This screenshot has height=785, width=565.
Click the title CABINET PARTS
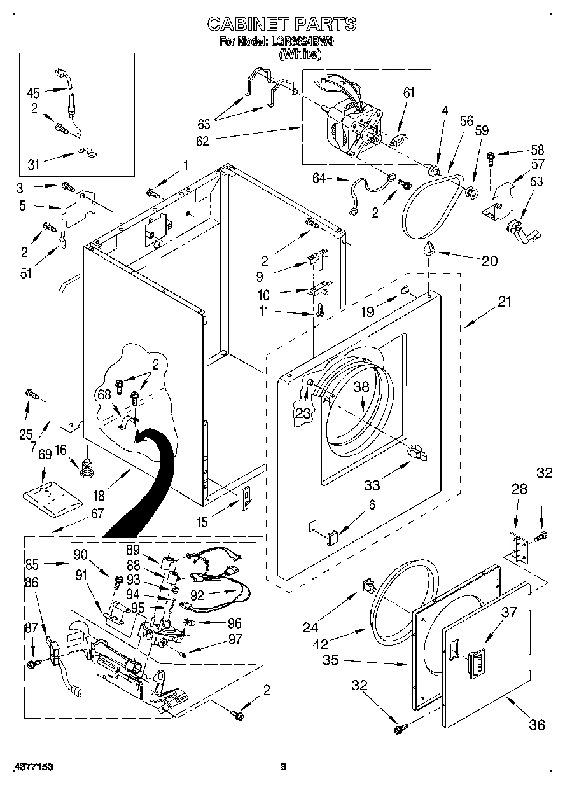tap(282, 24)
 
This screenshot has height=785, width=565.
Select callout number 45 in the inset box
tap(33, 92)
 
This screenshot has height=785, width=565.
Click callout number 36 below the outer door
tap(537, 725)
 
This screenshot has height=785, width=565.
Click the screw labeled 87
tap(31, 663)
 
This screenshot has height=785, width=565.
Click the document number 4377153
tap(32, 767)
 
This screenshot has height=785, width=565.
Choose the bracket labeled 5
tap(78, 207)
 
